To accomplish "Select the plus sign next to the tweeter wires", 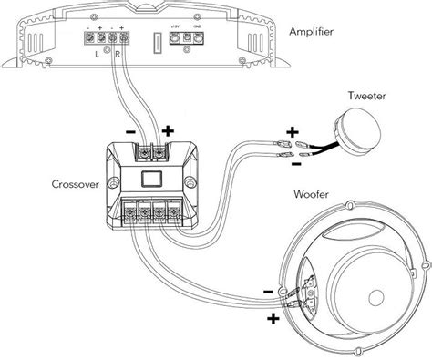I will (x=293, y=129).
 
